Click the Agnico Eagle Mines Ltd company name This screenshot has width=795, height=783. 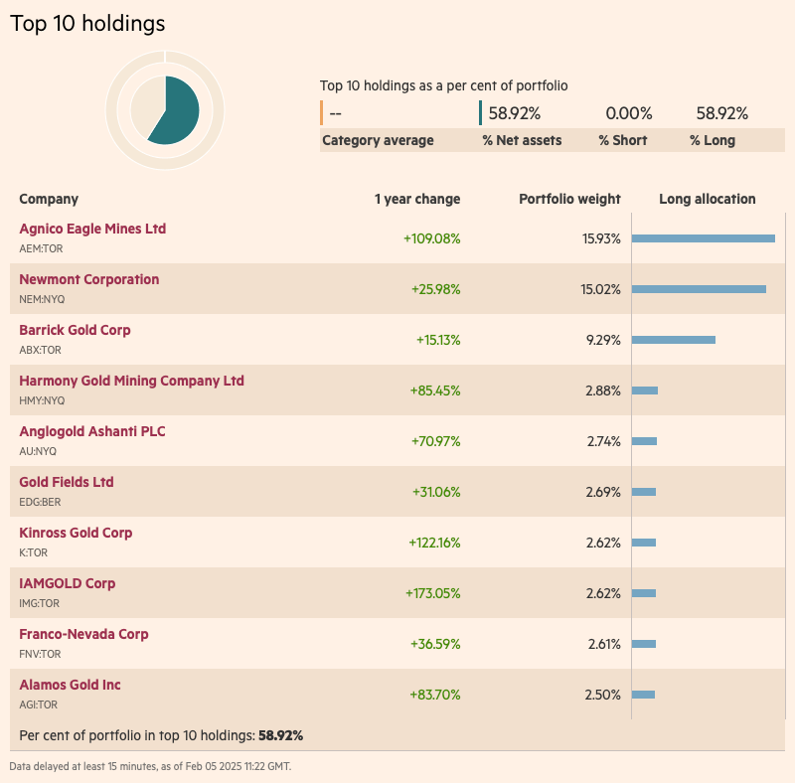click(92, 229)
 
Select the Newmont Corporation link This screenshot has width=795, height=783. click(88, 279)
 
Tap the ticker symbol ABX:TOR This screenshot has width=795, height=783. click(41, 350)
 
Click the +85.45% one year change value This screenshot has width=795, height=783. click(434, 391)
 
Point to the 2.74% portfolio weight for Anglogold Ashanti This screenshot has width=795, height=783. click(602, 441)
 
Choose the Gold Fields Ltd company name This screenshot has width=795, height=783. click(67, 482)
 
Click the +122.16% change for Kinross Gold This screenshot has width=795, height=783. click(434, 543)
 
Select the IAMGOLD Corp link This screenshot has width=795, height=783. click(67, 583)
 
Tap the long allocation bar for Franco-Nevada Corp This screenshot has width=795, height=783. click(644, 644)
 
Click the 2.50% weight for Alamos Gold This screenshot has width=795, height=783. click(602, 695)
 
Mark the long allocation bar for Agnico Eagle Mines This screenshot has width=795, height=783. click(703, 238)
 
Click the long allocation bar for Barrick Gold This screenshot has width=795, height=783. click(673, 340)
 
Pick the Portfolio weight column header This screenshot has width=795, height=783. click(569, 199)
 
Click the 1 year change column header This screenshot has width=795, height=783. click(417, 199)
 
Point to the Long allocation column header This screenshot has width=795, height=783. click(707, 199)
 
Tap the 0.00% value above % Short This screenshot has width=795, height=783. click(629, 113)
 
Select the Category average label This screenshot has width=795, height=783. click(378, 140)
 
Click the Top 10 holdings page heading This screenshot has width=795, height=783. click(87, 23)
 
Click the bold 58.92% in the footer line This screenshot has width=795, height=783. click(280, 735)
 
